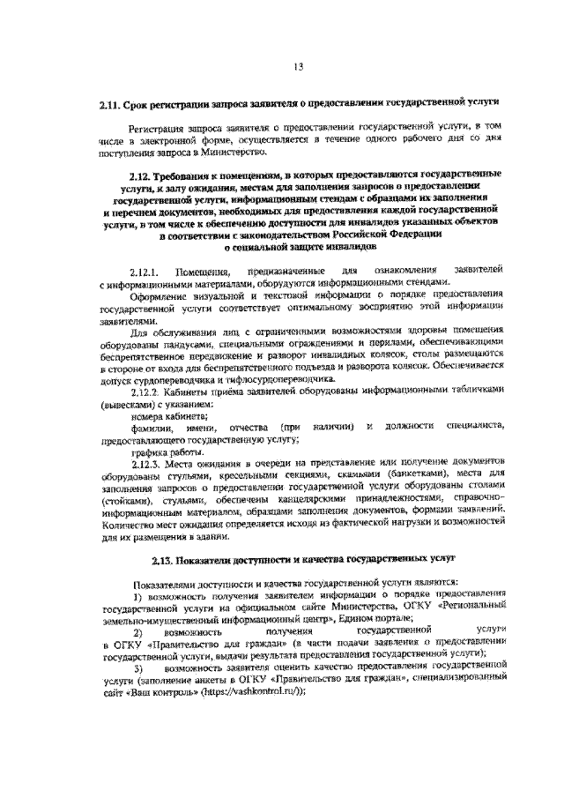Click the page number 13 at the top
point(298,66)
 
